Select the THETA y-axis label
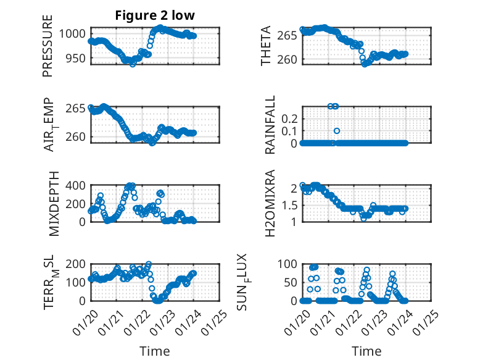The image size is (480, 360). (x=266, y=46)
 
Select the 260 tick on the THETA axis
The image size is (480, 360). (x=289, y=59)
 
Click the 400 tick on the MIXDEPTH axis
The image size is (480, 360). (x=78, y=185)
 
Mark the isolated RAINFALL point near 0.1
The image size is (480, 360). (x=337, y=131)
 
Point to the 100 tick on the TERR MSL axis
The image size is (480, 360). (x=78, y=282)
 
